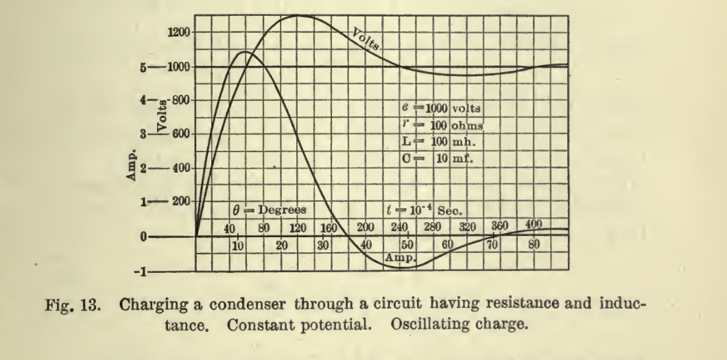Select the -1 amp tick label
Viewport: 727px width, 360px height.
click(x=141, y=272)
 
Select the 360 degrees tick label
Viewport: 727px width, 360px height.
click(x=501, y=227)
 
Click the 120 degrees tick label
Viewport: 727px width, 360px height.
click(x=296, y=228)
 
